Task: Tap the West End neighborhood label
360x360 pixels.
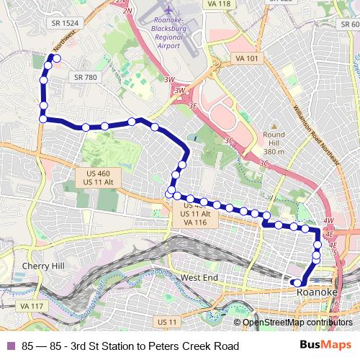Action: coord(199,277)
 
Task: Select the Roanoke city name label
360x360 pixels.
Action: coord(317,293)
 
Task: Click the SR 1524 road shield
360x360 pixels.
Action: coord(65,23)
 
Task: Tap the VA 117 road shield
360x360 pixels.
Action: coord(32,306)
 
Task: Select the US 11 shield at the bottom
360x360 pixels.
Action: coord(167,321)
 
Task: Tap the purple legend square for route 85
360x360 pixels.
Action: coord(10,346)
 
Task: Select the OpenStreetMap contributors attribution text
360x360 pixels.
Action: coord(297,323)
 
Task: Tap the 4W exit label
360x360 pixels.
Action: coord(329,220)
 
